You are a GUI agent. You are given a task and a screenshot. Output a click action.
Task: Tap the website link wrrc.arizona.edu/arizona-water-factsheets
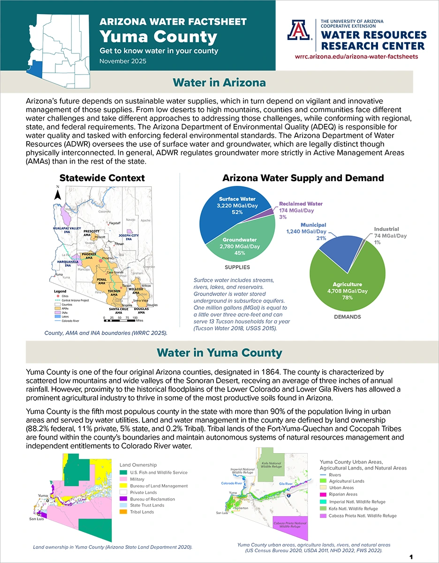356,56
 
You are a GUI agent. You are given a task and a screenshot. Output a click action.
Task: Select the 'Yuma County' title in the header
159,37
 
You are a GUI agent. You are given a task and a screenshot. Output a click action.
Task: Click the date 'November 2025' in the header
123,61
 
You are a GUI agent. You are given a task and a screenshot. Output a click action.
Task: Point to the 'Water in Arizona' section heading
219,83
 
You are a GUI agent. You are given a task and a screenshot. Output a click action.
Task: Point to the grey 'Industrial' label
386,229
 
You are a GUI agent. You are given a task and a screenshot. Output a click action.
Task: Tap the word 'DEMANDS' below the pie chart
348,317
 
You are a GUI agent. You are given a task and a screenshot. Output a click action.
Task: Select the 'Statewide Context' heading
102,178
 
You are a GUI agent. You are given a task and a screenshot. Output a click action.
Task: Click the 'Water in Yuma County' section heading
219,352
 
